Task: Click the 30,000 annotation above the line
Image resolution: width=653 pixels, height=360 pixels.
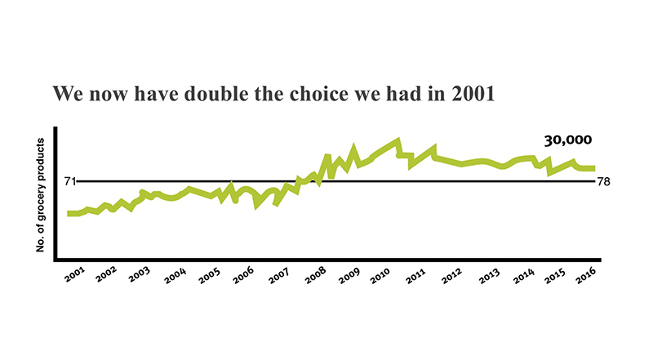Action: click(568, 140)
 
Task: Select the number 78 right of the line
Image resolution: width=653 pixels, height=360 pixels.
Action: click(604, 181)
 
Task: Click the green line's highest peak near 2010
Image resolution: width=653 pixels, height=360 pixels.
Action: click(398, 141)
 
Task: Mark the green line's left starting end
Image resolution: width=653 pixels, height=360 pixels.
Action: click(69, 213)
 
